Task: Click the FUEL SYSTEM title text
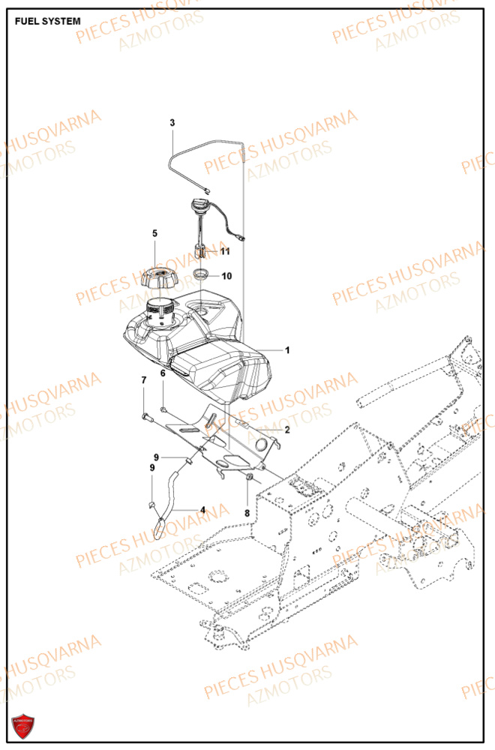(48, 21)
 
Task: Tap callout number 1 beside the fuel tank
(287, 349)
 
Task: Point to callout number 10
(226, 276)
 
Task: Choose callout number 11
(225, 252)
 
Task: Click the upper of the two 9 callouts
(157, 457)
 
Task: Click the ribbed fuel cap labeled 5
(158, 280)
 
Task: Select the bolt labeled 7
(145, 415)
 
